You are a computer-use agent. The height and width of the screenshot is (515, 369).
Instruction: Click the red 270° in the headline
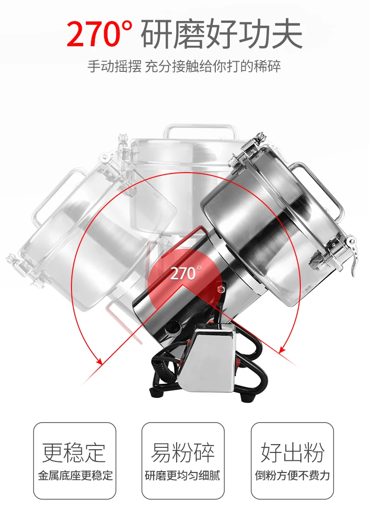100,34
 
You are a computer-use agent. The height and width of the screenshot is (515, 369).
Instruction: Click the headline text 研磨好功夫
222,34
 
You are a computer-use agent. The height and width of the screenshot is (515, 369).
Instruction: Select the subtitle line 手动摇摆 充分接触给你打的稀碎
184,66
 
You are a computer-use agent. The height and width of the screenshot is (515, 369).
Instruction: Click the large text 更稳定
74,452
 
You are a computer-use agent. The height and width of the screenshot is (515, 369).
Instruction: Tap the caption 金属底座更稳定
75,475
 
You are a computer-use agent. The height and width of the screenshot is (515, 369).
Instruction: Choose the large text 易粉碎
183,452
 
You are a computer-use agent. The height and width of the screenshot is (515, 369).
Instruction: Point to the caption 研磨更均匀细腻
183,475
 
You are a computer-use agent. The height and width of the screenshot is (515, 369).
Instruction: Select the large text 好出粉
292,452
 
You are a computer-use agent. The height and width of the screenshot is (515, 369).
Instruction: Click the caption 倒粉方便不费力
292,475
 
